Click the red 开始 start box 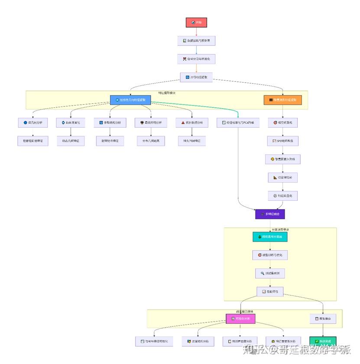tap(196, 23)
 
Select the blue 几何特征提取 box tap(130, 100)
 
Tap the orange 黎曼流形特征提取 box tap(282, 100)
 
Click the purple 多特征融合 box tap(270, 214)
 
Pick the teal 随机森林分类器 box tap(270, 237)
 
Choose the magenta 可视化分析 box tap(238, 319)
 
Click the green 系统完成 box tap(323, 341)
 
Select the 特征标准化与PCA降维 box tap(238, 123)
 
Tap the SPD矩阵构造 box tap(282, 141)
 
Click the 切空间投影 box tap(282, 177)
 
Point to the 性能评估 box tap(270, 292)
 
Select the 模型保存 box tap(323, 319)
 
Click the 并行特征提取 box tap(196, 77)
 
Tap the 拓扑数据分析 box tap(191, 123)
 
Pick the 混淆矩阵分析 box tap(198, 341)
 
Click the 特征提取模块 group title tap(167, 93)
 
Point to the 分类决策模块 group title tap(280, 230)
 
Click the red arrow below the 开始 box tap(196, 32)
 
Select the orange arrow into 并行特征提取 tap(196, 68)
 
